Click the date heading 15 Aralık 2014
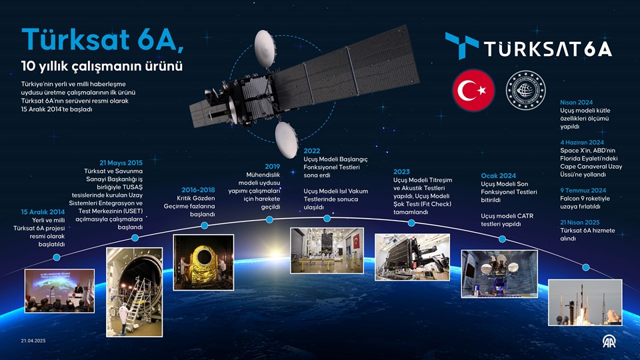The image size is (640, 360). click(x=43, y=212)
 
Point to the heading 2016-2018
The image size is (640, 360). click(x=198, y=189)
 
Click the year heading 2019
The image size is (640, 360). click(x=272, y=166)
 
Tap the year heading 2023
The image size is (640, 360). click(x=402, y=171)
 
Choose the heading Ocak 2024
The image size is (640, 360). click(x=499, y=175)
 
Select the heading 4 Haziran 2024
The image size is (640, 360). click(x=582, y=142)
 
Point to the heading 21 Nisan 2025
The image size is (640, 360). click(x=581, y=222)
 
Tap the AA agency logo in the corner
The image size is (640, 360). click(x=609, y=342)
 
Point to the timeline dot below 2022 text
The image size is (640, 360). click(x=327, y=218)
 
